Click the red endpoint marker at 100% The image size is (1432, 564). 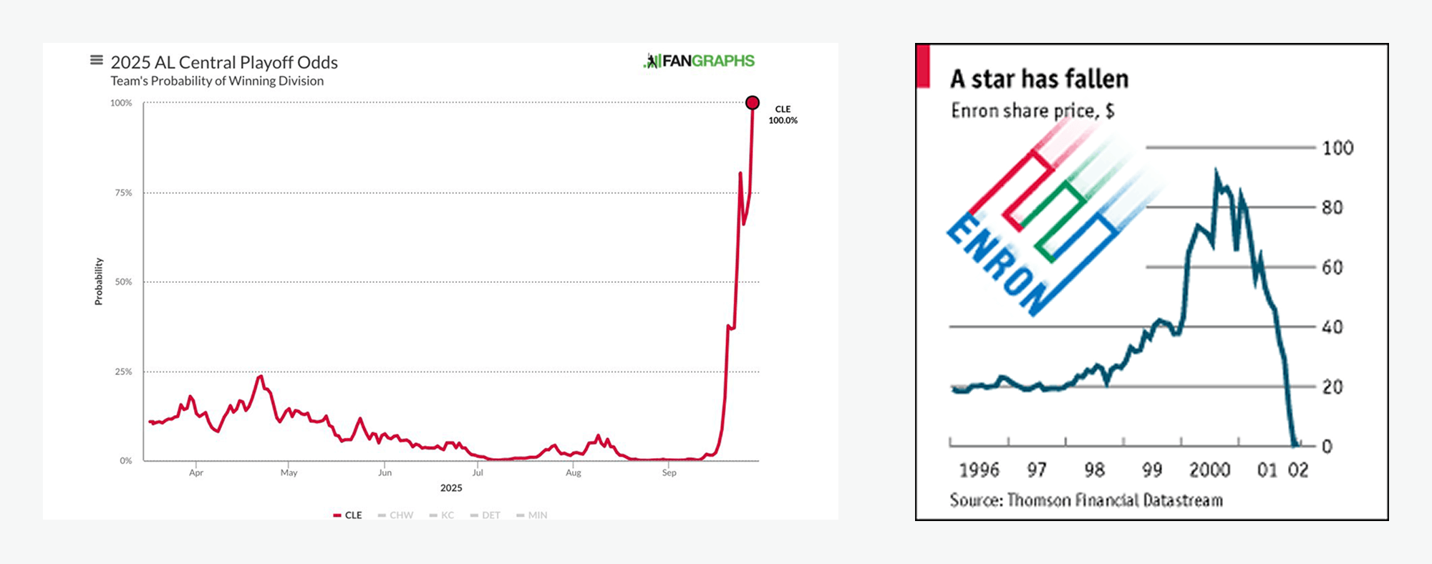click(x=753, y=103)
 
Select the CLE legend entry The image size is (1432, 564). click(x=348, y=515)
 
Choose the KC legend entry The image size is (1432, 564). click(x=442, y=515)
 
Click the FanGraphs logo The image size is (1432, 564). click(x=700, y=62)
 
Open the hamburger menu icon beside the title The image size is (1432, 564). click(x=96, y=60)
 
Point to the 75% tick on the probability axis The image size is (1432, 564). click(x=123, y=193)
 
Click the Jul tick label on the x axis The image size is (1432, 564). click(x=478, y=472)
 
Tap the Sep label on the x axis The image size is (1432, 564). click(x=669, y=472)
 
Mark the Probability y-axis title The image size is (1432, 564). click(x=99, y=282)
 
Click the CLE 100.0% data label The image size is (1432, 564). click(x=783, y=115)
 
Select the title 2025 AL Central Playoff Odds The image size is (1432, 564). click(x=224, y=63)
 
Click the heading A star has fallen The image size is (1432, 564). click(x=1039, y=79)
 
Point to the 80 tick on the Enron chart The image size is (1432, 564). click(x=1332, y=208)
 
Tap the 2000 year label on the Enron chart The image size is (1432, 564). click(x=1209, y=470)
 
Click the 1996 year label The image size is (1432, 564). click(x=979, y=470)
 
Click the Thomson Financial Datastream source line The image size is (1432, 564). click(x=1086, y=500)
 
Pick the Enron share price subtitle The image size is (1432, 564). click(x=1032, y=111)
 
